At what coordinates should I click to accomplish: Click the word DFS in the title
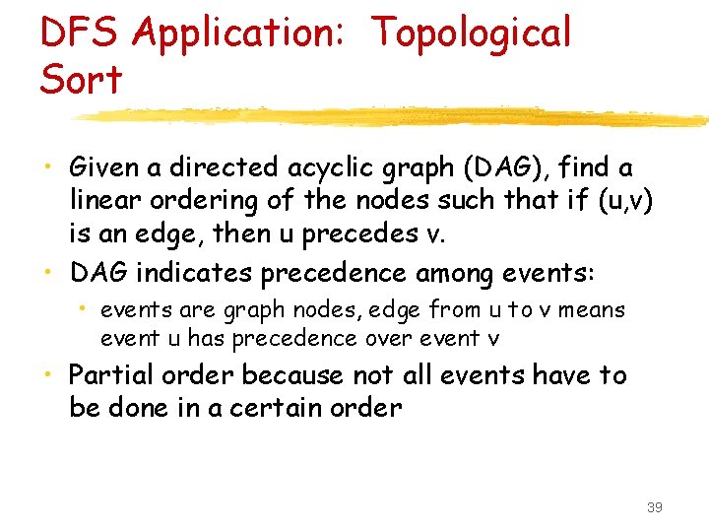click(79, 33)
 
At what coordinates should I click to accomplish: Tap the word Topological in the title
click(471, 33)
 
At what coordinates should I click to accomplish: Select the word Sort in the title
click(81, 79)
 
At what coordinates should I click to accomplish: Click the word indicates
click(207, 271)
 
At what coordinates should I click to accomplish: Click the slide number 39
click(654, 507)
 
